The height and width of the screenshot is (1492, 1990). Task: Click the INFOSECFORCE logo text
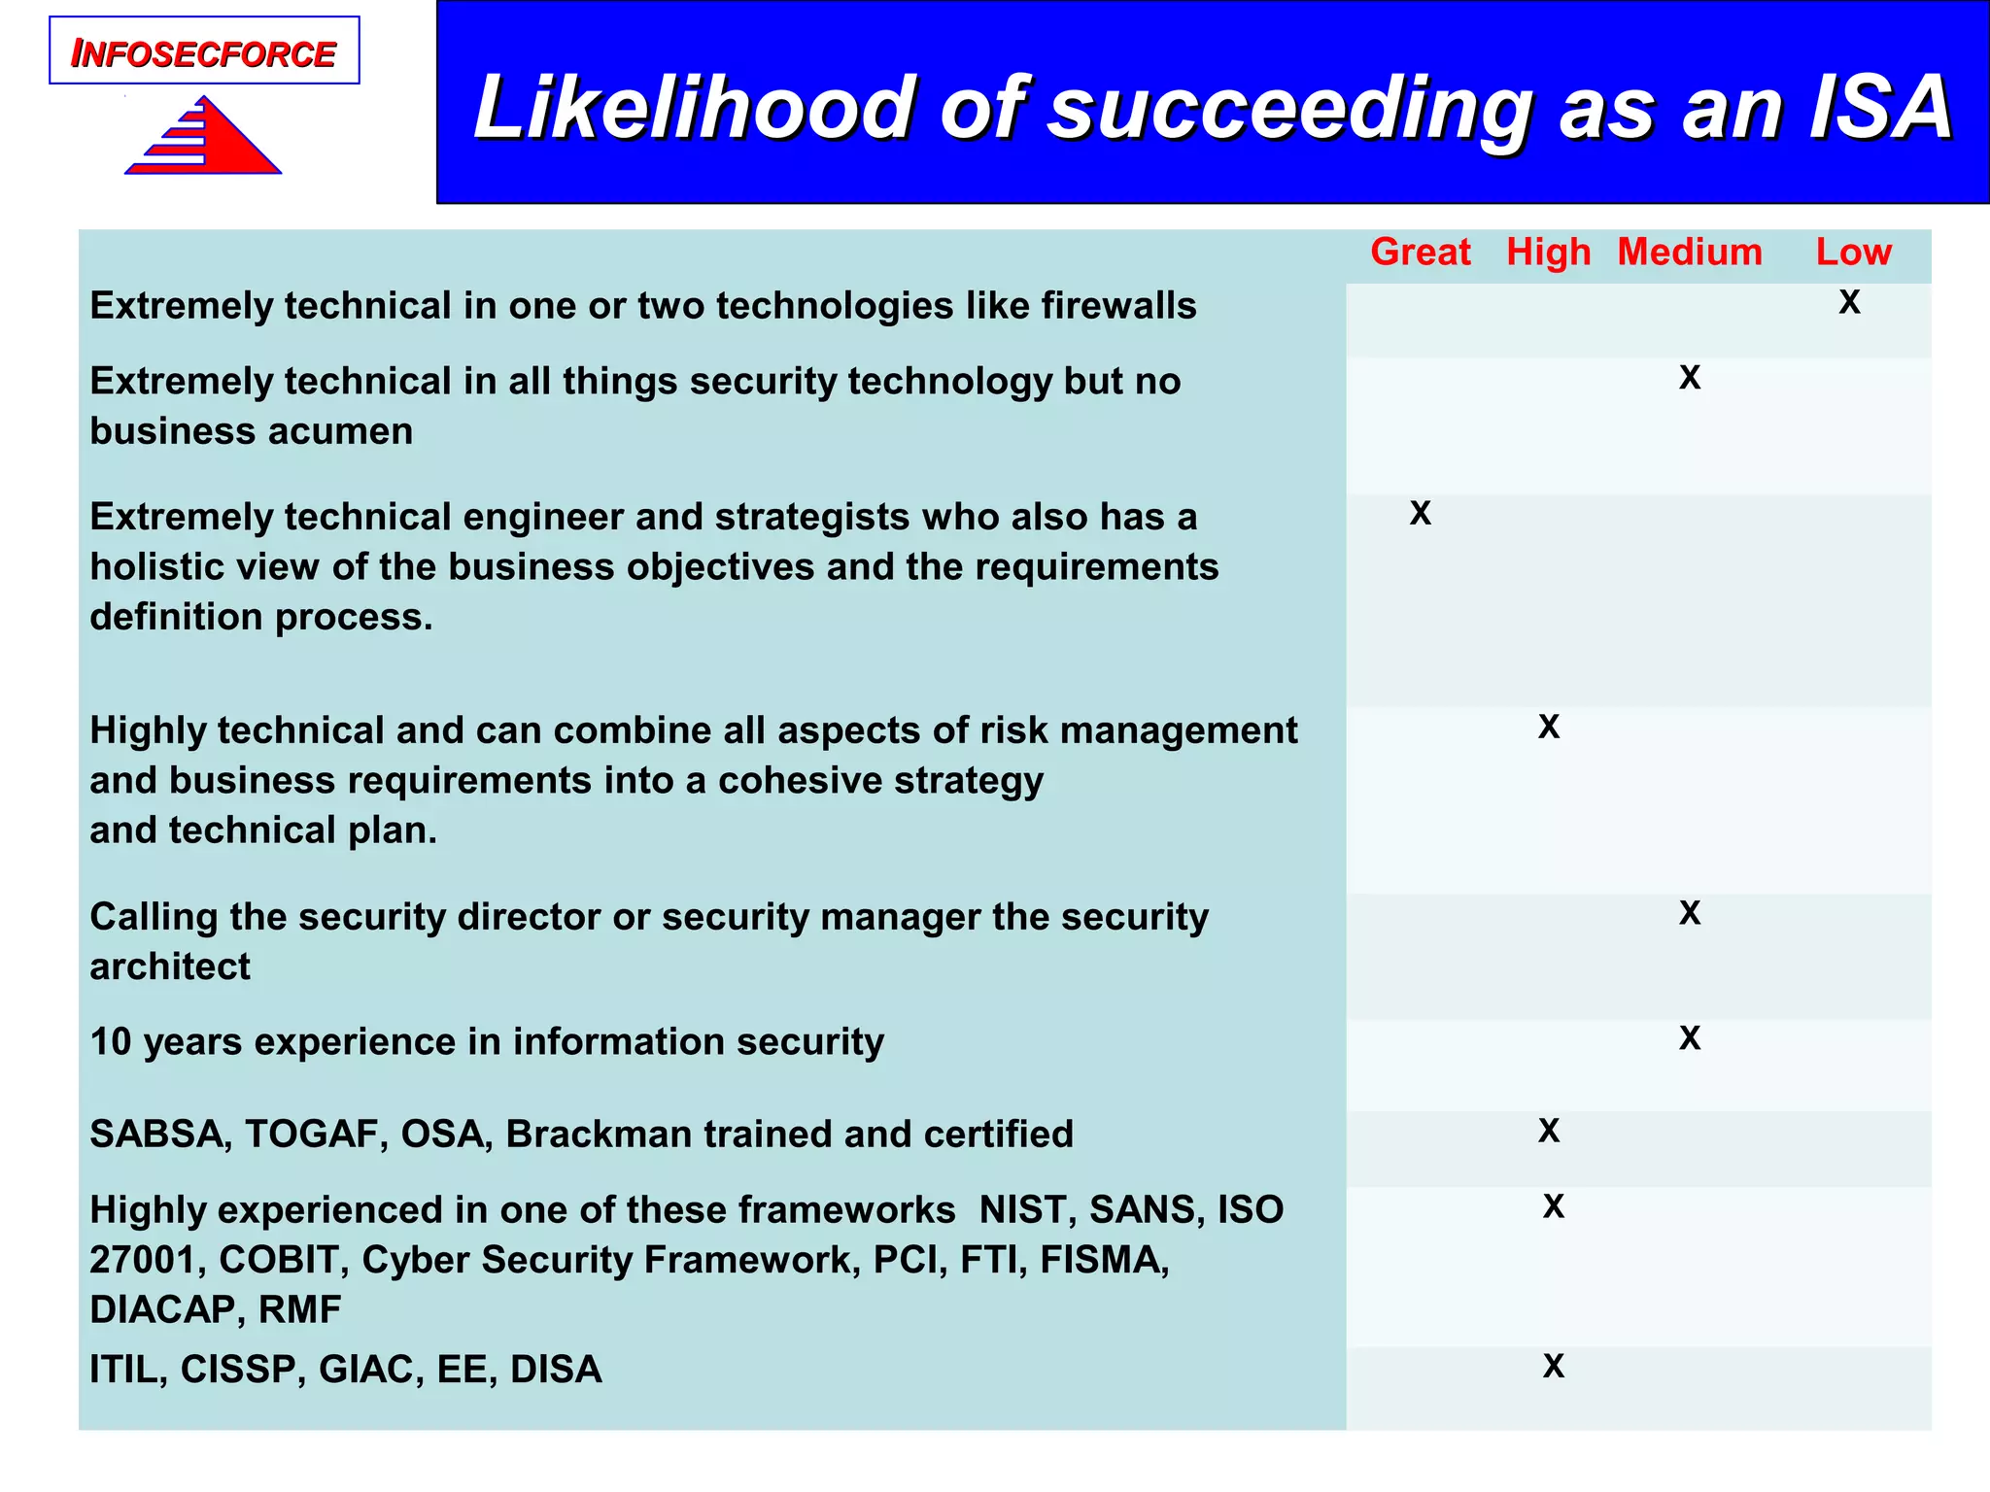point(203,54)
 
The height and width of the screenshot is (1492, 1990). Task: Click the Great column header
point(1420,253)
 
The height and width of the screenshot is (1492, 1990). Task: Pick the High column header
point(1548,253)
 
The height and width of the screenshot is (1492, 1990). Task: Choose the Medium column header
point(1689,253)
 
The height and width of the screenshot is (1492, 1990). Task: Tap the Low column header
point(1853,253)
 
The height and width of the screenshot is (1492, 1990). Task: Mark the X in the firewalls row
point(1849,302)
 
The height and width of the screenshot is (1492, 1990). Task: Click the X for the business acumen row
point(1690,377)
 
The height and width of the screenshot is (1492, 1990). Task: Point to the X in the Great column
point(1420,513)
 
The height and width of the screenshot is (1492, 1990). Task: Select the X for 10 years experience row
point(1690,1038)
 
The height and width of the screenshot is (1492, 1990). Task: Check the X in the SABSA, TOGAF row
point(1549,1131)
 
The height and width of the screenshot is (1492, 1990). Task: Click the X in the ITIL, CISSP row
point(1554,1367)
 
